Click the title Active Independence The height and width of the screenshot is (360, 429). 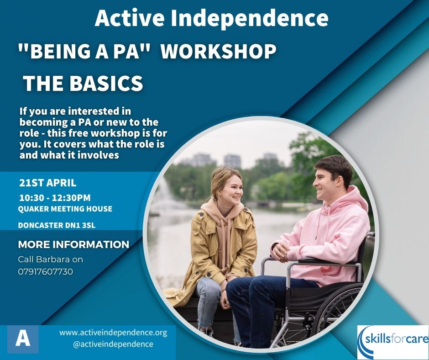[x=211, y=18]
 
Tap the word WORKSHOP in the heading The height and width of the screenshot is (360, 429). [x=219, y=52]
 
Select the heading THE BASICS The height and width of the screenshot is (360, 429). [x=83, y=84]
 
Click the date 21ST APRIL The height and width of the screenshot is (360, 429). [x=47, y=183]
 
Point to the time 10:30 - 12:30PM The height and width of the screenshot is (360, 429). [x=55, y=198]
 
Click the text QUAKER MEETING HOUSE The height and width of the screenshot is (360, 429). [x=65, y=209]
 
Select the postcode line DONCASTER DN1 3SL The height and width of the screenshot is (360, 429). [x=57, y=225]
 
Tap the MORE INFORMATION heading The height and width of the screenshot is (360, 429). [x=73, y=244]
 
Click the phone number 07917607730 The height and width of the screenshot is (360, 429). [x=46, y=271]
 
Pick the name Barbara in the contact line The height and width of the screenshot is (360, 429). [x=51, y=259]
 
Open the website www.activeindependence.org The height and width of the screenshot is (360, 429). [x=113, y=333]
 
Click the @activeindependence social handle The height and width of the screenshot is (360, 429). [x=113, y=344]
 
